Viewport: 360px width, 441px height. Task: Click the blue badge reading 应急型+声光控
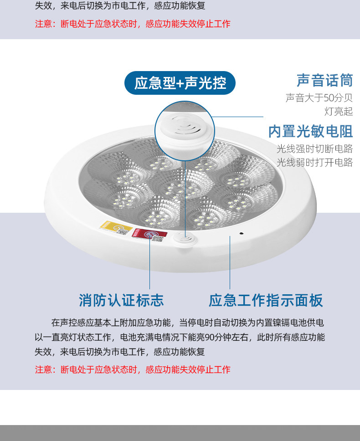(180, 83)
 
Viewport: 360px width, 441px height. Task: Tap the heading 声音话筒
(324, 80)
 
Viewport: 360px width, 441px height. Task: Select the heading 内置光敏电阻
(311, 131)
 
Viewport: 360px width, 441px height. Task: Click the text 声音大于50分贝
(319, 97)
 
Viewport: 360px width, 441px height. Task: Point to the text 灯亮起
(339, 112)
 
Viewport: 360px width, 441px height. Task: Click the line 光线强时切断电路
(314, 149)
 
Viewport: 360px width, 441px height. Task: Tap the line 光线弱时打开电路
(314, 163)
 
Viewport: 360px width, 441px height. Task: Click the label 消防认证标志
(121, 300)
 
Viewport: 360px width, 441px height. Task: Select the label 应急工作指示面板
(266, 300)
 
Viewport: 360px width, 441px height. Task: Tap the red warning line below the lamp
(133, 369)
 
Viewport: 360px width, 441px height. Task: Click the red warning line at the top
(133, 24)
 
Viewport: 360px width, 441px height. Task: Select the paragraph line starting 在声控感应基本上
(188, 323)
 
